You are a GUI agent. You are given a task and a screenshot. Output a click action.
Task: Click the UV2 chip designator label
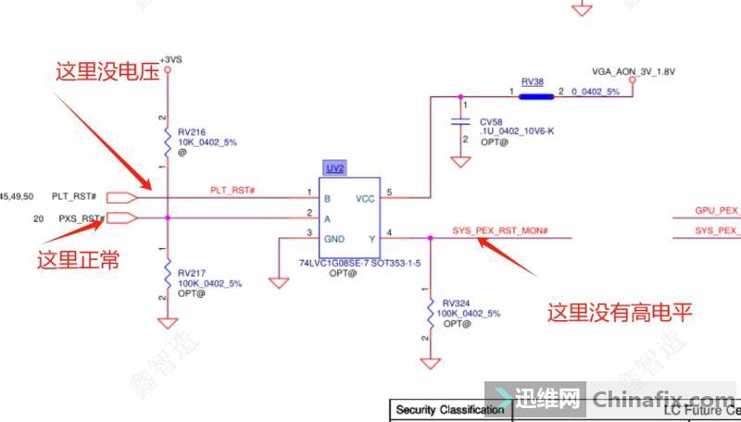(334, 168)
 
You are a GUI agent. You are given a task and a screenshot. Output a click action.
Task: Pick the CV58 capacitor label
(490, 121)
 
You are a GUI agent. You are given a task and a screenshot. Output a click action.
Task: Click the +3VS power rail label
(170, 59)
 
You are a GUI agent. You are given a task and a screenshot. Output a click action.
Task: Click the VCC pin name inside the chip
(364, 199)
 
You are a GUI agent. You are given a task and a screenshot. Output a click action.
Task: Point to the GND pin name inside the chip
(333, 239)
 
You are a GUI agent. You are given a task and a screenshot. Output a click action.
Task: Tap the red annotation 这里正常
(78, 260)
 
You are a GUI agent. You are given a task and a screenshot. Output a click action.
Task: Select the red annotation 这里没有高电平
(620, 312)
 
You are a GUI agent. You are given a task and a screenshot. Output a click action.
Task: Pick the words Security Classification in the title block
(449, 409)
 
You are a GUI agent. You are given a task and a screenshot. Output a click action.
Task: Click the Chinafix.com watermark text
(662, 400)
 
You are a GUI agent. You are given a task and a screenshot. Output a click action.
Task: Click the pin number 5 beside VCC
(389, 192)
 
